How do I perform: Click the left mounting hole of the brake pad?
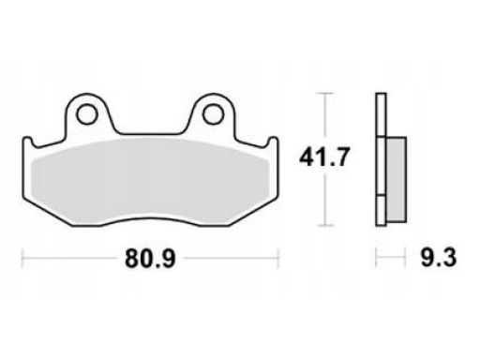point(86,114)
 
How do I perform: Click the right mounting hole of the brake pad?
point(213,114)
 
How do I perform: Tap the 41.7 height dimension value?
point(322,157)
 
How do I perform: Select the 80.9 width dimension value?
point(150,259)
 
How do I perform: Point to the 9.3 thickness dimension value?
point(438,257)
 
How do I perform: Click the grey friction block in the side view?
point(397,179)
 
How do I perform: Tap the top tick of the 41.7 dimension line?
point(325,94)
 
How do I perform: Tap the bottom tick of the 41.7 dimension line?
point(325,225)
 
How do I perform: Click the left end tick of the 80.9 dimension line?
point(22,258)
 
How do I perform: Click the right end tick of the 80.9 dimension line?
point(277,258)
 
